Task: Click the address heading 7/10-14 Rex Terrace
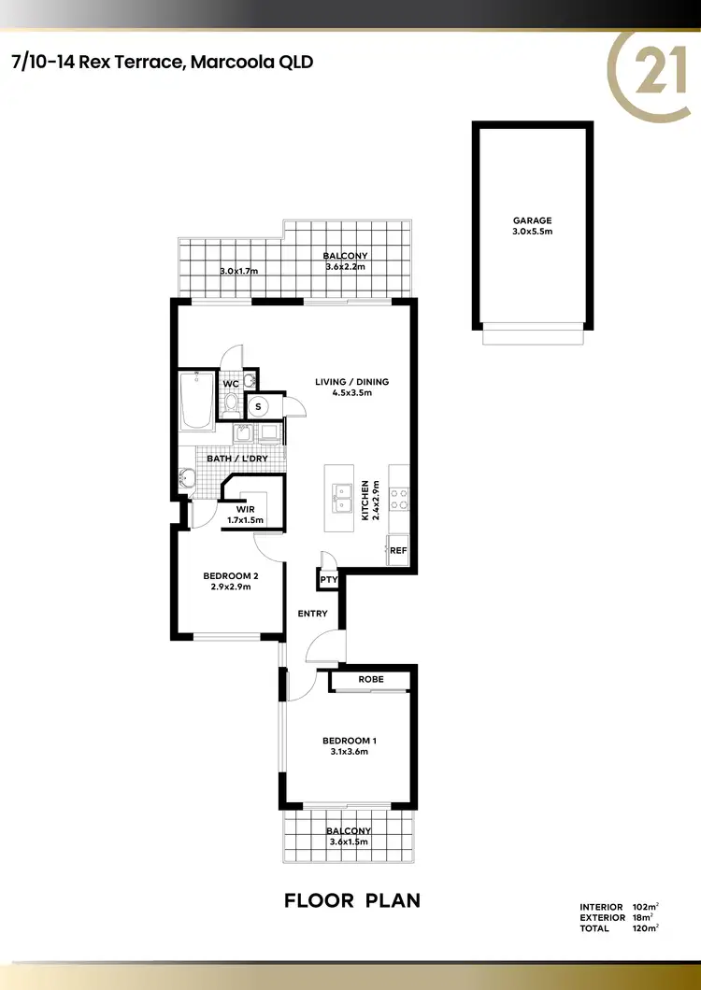161,63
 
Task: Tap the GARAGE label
533,220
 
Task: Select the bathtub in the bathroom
196,402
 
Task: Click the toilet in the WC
231,403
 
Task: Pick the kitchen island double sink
343,498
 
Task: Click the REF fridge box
398,550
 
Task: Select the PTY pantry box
328,580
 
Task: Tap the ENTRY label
312,614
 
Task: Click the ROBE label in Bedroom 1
372,679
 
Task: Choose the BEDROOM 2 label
230,575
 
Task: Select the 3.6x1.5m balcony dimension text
348,841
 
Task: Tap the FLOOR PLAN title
351,901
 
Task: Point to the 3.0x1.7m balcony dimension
238,271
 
